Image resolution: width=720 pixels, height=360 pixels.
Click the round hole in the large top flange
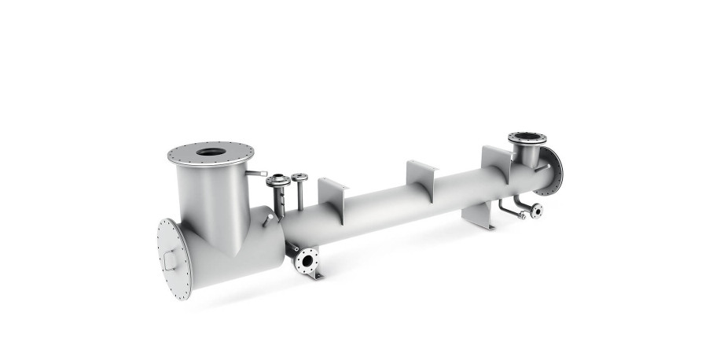click(x=210, y=152)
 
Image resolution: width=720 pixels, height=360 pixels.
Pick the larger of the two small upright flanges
click(x=277, y=182)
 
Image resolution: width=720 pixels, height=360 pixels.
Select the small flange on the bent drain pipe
click(x=536, y=210)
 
